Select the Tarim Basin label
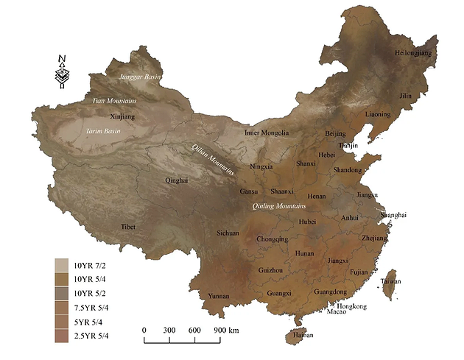coord(102,131)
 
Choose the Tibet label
coord(129,227)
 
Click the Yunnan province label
coord(219,297)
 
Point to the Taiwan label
coord(391,281)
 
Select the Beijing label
coord(335,134)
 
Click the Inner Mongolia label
coord(267,133)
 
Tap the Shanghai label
coord(393,214)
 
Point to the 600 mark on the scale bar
coord(194,329)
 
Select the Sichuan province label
coord(228,233)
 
